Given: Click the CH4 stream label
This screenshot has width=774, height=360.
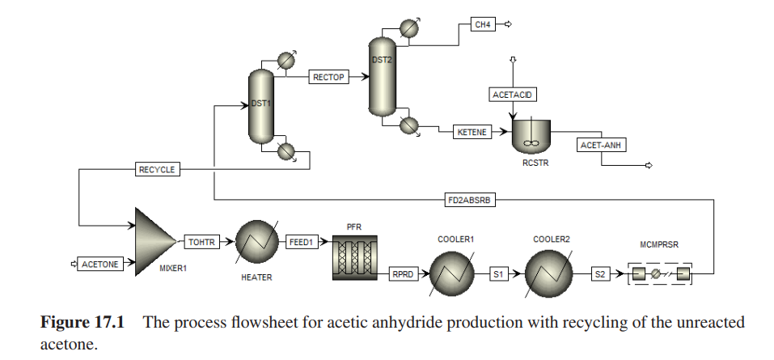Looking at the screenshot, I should point(483,25).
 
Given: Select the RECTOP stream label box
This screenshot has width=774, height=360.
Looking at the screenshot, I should point(329,78).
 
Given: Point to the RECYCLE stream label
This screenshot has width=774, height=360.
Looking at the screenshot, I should point(158,169).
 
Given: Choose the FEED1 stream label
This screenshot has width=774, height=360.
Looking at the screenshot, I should point(302,241).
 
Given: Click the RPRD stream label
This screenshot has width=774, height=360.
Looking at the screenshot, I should point(402,273).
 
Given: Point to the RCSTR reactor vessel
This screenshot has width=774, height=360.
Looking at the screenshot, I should point(531,135).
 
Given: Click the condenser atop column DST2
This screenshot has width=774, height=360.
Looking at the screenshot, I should point(410,26).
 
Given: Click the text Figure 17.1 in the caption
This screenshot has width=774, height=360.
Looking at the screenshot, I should point(82,322).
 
